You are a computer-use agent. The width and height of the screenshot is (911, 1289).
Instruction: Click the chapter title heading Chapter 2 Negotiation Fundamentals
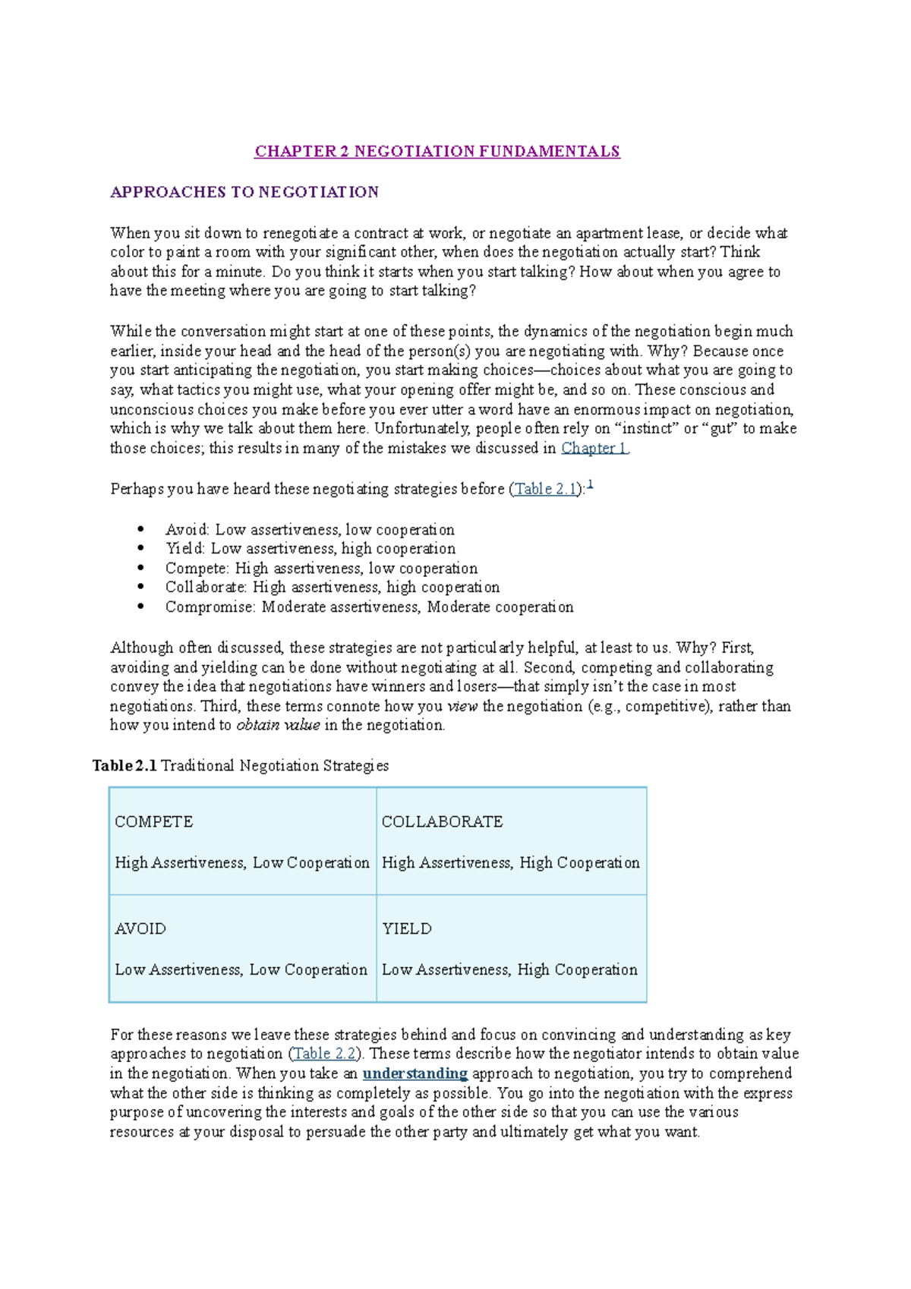(x=437, y=151)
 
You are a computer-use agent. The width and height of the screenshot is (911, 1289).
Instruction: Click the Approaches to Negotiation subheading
(x=244, y=192)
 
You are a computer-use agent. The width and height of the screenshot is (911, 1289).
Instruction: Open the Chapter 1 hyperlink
(x=594, y=448)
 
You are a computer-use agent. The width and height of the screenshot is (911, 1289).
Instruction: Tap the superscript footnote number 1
(x=590, y=484)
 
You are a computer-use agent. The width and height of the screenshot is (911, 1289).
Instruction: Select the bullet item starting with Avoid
(x=310, y=530)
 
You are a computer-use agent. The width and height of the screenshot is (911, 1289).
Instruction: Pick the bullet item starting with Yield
(x=310, y=549)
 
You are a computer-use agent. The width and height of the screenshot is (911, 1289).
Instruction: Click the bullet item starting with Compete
(x=321, y=569)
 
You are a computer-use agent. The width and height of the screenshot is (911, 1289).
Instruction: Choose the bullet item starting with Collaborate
(x=333, y=588)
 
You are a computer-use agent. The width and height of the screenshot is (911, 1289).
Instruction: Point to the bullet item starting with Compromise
(x=369, y=607)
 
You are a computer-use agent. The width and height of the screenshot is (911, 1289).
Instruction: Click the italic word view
(x=462, y=707)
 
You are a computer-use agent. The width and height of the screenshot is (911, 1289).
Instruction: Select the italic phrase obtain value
(x=278, y=726)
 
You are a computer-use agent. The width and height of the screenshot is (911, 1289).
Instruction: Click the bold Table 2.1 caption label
(x=125, y=766)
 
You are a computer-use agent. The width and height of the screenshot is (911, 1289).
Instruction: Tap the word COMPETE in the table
(x=154, y=822)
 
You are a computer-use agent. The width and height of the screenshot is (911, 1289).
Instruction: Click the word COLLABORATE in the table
(x=442, y=822)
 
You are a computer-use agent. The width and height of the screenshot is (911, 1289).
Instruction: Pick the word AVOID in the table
(x=140, y=929)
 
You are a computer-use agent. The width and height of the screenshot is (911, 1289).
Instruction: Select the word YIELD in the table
(x=407, y=929)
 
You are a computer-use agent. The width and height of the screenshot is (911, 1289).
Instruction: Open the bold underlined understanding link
(x=415, y=1073)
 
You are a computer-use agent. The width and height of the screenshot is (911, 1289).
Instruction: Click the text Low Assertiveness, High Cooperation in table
(x=509, y=970)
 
